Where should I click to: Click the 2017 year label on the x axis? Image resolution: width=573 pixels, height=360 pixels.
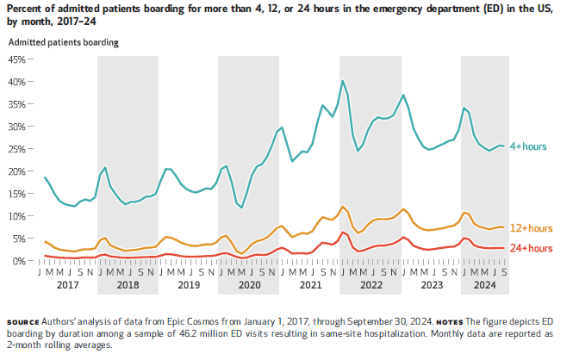coord(67,284)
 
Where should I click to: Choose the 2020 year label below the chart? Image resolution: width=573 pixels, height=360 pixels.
coord(249,284)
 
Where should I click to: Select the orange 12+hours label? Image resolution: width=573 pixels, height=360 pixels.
coord(530,228)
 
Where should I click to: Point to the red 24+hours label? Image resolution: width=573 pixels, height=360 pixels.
coord(530,248)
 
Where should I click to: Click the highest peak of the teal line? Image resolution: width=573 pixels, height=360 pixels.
coord(343,81)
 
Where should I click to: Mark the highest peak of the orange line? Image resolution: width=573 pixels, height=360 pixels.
coord(343,207)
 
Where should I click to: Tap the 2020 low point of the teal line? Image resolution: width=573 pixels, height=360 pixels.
coord(242,208)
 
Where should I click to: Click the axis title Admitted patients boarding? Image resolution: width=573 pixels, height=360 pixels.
coord(64,41)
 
